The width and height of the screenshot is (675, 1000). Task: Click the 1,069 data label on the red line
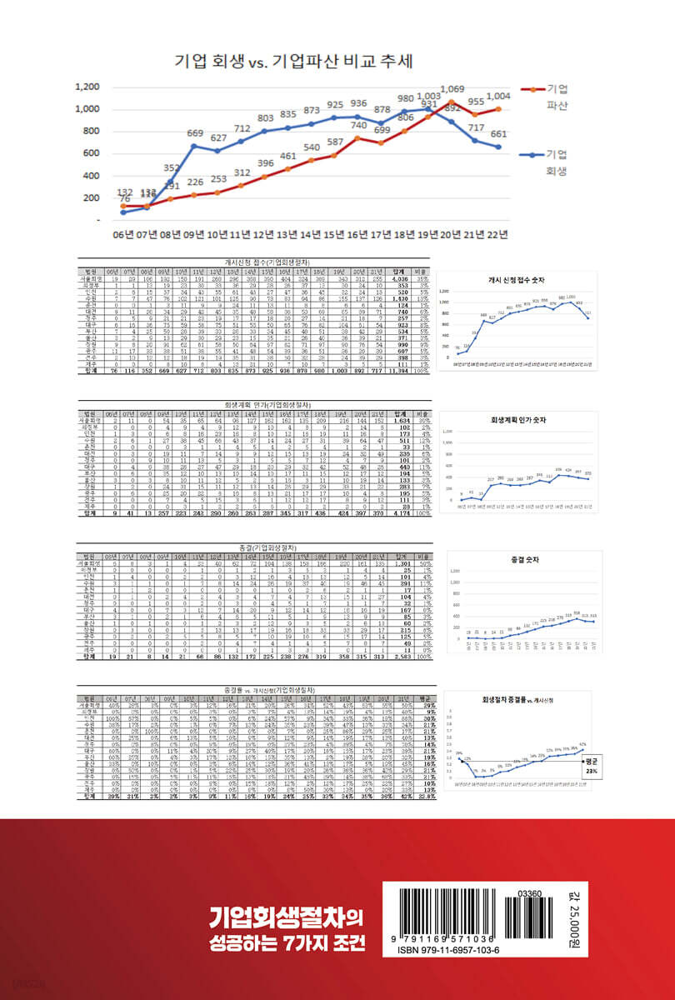pos(452,88)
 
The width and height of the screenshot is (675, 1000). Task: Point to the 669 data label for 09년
pos(195,133)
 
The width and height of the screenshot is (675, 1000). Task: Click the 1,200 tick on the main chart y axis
pos(87,87)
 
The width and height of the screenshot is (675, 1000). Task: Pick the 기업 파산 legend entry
pos(556,97)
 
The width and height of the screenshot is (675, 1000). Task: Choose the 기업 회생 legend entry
pos(556,163)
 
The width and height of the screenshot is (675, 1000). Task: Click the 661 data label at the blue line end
pos(497,134)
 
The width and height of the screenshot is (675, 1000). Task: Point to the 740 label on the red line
pos(358,126)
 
